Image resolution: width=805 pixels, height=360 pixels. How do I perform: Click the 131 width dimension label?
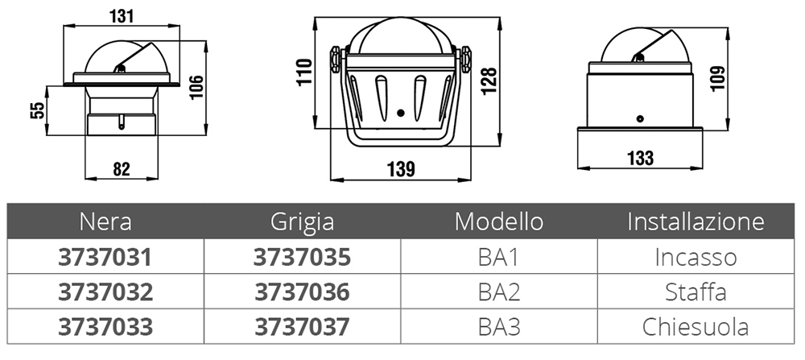(x=122, y=16)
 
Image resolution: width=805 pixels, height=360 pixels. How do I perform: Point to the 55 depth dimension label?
(x=38, y=110)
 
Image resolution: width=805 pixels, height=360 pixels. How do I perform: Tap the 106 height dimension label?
(x=196, y=87)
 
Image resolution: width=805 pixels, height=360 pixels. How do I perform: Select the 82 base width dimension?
(x=122, y=169)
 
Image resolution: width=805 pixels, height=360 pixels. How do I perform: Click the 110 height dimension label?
(x=304, y=72)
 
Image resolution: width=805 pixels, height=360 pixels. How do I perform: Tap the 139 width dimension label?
(x=401, y=169)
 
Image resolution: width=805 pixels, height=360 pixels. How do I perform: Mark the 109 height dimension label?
(x=718, y=78)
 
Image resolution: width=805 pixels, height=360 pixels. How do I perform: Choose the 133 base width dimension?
(x=640, y=158)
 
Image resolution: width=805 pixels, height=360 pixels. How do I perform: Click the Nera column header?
(x=105, y=221)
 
